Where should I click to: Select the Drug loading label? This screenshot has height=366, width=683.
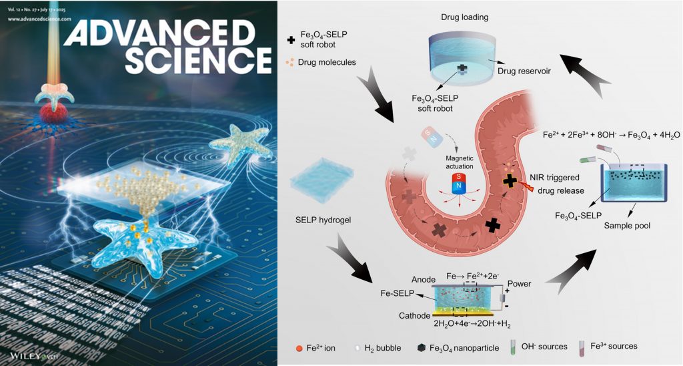(x=485, y=15)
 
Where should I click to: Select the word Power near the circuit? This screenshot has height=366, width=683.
(x=519, y=284)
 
